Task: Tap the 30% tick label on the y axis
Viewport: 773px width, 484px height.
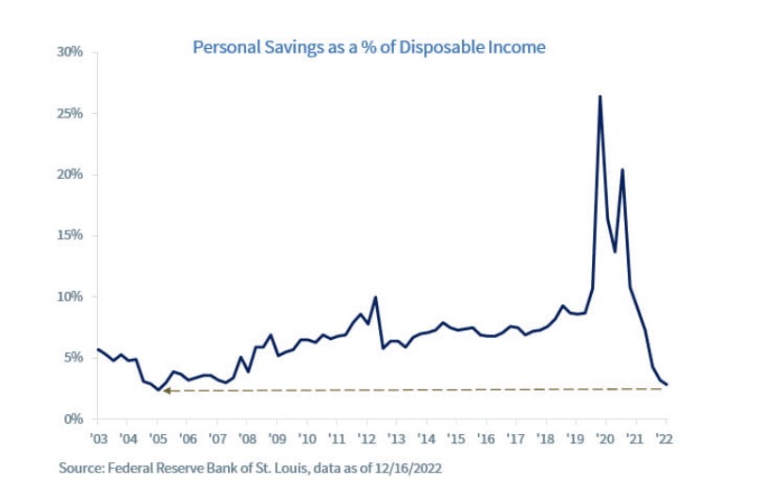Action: (x=71, y=52)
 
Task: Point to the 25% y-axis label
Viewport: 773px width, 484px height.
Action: (x=71, y=113)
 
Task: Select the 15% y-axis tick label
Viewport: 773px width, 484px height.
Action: (x=71, y=235)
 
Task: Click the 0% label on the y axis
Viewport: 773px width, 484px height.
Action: (x=74, y=419)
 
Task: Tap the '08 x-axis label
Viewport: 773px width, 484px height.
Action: (x=247, y=439)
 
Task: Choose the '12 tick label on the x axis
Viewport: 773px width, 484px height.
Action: (x=366, y=439)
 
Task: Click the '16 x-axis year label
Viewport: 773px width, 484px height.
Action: (x=485, y=439)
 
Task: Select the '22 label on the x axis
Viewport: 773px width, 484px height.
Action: (x=664, y=439)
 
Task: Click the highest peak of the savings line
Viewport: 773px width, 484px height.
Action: (x=600, y=96)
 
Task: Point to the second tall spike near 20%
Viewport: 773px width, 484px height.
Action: (x=622, y=169)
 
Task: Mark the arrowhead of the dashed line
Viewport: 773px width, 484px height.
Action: (x=165, y=390)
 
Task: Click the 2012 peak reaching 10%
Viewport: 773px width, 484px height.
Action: (x=376, y=298)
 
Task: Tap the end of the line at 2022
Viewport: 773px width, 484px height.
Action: (x=667, y=384)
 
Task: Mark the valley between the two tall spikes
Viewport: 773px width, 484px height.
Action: (x=615, y=251)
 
